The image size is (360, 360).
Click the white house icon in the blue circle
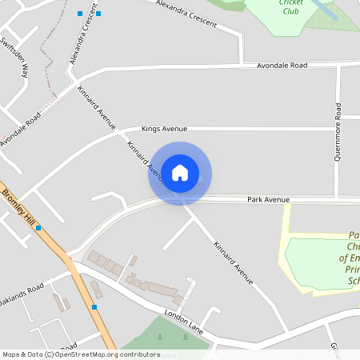(x=180, y=173)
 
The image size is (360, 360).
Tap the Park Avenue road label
(x=268, y=199)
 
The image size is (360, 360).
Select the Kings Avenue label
(x=164, y=128)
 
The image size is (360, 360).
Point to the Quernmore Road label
(x=338, y=132)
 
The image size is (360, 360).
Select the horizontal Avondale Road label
(x=282, y=65)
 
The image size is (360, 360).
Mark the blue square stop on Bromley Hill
(x=38, y=228)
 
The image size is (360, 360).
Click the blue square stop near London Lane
(x=94, y=306)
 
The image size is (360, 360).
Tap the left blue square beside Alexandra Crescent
(x=79, y=14)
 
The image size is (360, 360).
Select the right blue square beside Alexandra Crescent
(x=98, y=14)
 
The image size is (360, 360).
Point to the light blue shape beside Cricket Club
(x=324, y=10)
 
